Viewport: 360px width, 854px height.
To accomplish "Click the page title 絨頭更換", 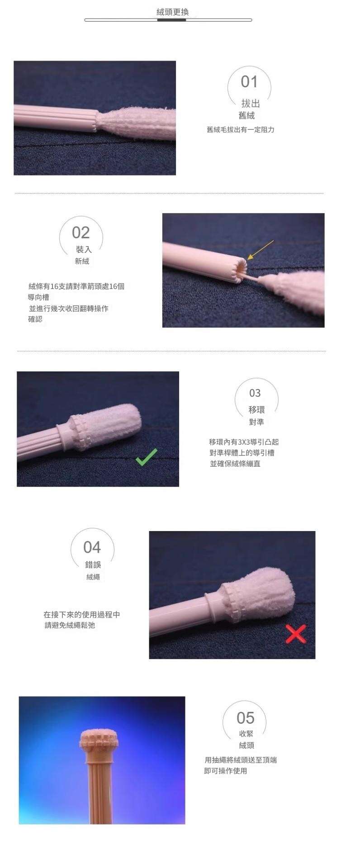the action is pos(172,12).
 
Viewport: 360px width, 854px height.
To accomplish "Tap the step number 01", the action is pos(249,82).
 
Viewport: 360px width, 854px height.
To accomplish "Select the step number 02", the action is pos(81,232).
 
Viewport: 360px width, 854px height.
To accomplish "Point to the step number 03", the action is pos(255,393).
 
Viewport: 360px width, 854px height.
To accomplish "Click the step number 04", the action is pos(92,547).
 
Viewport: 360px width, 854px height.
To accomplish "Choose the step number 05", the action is pos(246,718).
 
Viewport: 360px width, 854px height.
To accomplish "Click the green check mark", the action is pos(147,457).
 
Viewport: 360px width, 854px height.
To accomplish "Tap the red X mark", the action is pos(296,633).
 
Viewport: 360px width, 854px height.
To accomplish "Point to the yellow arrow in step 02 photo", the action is pos(261,250).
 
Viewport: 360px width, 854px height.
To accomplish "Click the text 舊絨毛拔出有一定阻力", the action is pos(241,130).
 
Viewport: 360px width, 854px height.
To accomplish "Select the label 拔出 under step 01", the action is pos(251,104).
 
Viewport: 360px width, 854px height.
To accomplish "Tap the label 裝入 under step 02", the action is pos(84,249).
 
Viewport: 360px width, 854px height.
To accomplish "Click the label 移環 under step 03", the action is pos(256,410).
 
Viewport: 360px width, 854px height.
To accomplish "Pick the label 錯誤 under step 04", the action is pos(93,565).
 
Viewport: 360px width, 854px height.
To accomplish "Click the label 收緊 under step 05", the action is pos(246,734).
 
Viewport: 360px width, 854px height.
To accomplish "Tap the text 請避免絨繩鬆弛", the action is pos(70,626).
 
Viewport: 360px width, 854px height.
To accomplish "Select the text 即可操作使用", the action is pos(226,771).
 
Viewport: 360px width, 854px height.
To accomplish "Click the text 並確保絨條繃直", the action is pos(235,464).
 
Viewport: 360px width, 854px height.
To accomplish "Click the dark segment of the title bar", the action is pos(172,20).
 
